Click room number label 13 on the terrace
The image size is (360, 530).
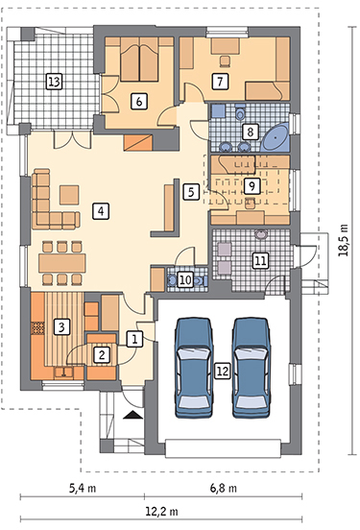[x=54, y=82]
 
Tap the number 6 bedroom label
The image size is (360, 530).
[x=139, y=101]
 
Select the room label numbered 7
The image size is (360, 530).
[x=220, y=81]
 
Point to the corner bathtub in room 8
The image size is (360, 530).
[x=276, y=137]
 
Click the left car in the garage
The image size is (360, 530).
[x=194, y=368]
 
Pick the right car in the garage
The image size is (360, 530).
[x=252, y=368]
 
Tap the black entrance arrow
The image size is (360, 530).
[x=132, y=415]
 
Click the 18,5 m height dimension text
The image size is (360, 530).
[x=344, y=240]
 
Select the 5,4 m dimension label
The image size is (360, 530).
[x=83, y=488]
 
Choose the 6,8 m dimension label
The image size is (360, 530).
[x=224, y=488]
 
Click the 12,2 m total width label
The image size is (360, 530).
[x=161, y=511]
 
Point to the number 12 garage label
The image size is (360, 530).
[x=223, y=371]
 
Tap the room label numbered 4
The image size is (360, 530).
[x=101, y=211]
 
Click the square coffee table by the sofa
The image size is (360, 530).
[x=69, y=195]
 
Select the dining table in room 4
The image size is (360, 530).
[x=61, y=263]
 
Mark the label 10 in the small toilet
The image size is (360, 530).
[x=185, y=279]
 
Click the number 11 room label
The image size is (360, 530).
[x=260, y=260]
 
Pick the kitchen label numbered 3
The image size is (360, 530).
[x=61, y=326]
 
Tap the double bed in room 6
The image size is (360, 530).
[x=139, y=60]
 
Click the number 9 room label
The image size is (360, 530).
[x=252, y=185]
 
